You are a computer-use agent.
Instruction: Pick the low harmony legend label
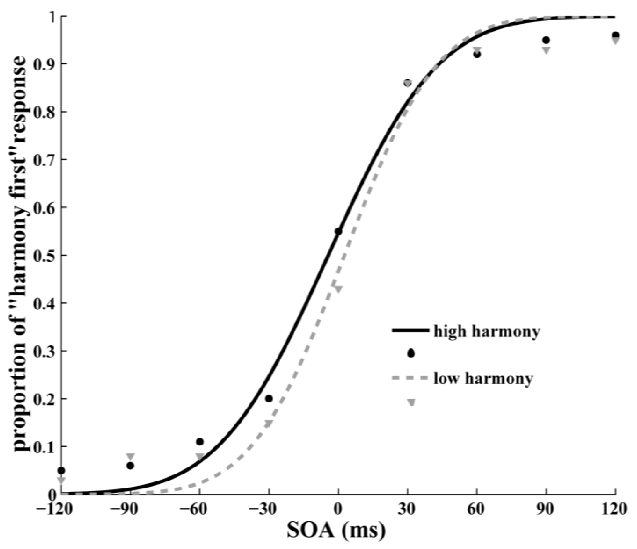coord(483,378)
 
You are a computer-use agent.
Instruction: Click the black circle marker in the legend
coord(411,354)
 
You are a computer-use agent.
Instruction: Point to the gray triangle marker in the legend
coord(411,402)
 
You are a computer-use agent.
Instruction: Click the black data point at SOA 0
coord(338,231)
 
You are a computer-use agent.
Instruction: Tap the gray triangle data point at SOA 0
coord(338,289)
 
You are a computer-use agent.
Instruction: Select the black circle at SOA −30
coord(269,399)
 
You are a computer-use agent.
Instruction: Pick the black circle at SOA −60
coord(200,442)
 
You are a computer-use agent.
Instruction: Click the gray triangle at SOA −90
coord(130,456)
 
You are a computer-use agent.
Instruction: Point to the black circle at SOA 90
coord(546,40)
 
